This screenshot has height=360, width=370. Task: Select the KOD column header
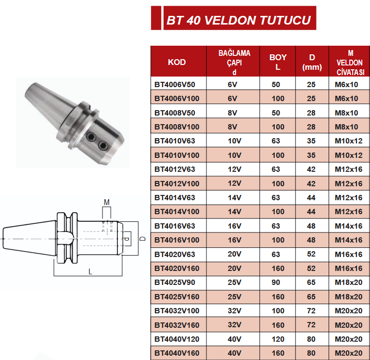[177, 62]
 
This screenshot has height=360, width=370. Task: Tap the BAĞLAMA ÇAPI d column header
[234, 62]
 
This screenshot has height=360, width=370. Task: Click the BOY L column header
[278, 62]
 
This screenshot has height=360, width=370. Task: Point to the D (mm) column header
[312, 62]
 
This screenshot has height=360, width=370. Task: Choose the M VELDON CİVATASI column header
[349, 62]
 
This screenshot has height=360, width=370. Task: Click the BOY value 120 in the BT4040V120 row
[278, 339]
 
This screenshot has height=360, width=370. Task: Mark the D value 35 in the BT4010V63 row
[311, 141]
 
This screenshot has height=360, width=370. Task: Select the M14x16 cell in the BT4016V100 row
[349, 240]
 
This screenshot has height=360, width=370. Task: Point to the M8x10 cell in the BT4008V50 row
[347, 113]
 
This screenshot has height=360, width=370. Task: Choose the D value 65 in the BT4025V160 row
[311, 297]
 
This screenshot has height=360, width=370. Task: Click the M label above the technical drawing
[107, 202]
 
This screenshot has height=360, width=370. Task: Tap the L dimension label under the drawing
[90, 271]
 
